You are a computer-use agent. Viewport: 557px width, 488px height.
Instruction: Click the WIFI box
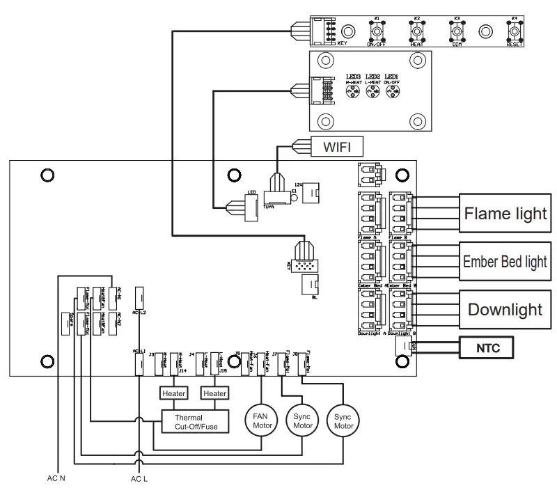point(336,147)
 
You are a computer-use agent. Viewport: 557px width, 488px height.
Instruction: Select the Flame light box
point(505,213)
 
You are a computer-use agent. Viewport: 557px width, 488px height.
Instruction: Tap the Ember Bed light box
point(505,262)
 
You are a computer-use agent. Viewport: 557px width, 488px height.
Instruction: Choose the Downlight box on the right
point(505,310)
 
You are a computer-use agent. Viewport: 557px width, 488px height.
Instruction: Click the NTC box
point(487,347)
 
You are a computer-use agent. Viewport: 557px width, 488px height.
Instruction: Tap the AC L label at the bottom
point(139,479)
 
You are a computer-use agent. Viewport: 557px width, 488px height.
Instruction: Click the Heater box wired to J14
point(173,393)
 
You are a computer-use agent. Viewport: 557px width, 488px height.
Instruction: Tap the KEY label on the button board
point(342,44)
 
